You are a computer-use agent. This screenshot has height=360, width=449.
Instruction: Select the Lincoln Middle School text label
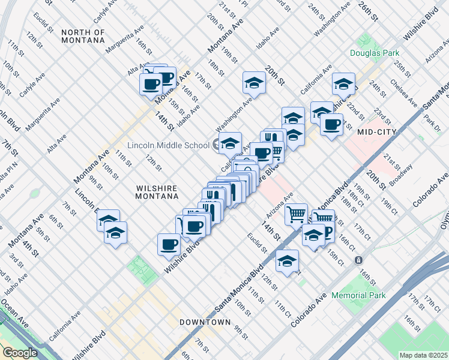coord(167,145)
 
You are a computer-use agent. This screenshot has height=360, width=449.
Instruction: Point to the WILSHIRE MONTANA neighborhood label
coord(156,192)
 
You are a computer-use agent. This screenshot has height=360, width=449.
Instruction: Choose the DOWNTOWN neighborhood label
coord(205,322)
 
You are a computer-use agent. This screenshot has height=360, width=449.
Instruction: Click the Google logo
coord(20,352)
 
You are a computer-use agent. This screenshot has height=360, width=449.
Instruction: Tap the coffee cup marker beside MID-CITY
coord(331,124)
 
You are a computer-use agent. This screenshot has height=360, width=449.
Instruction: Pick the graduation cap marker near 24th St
coord(343,83)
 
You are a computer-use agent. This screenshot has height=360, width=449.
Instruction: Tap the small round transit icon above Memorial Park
coord(358,260)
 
